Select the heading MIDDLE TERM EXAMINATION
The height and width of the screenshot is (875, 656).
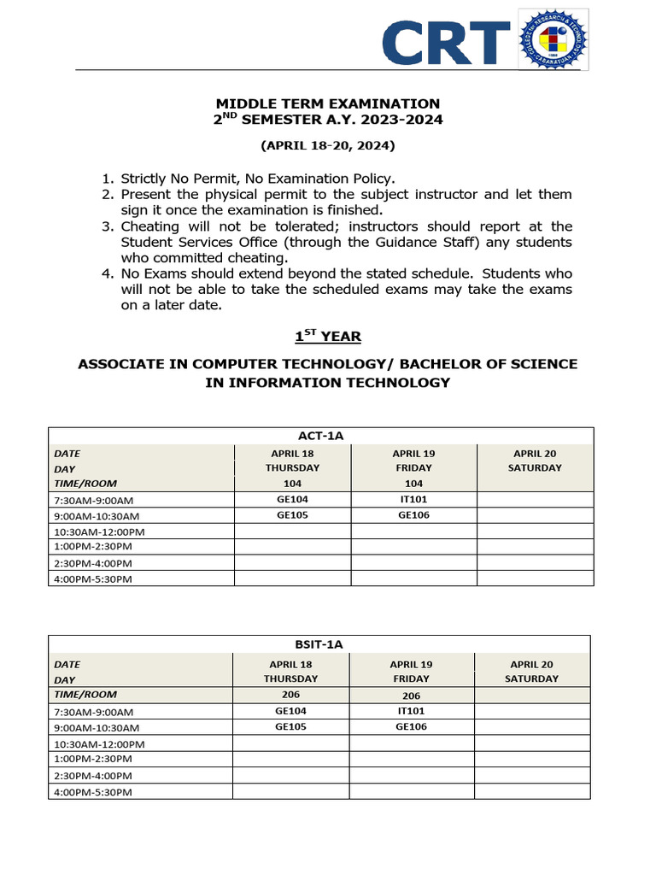(327, 103)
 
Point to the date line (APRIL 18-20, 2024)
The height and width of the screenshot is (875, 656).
(328, 146)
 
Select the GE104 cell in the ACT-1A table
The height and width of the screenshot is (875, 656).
(292, 500)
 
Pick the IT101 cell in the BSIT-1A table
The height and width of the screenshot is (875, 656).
(411, 711)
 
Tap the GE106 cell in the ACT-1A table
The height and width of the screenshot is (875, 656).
(413, 516)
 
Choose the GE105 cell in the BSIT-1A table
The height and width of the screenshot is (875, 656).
(290, 727)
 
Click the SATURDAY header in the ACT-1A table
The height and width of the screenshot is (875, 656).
(535, 468)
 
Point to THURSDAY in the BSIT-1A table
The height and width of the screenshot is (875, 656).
(290, 678)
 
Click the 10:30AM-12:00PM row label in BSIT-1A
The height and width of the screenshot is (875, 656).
(99, 744)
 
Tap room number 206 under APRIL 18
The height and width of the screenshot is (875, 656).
(290, 695)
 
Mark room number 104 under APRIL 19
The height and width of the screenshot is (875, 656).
(413, 484)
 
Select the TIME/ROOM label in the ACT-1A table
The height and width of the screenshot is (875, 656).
(85, 484)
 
